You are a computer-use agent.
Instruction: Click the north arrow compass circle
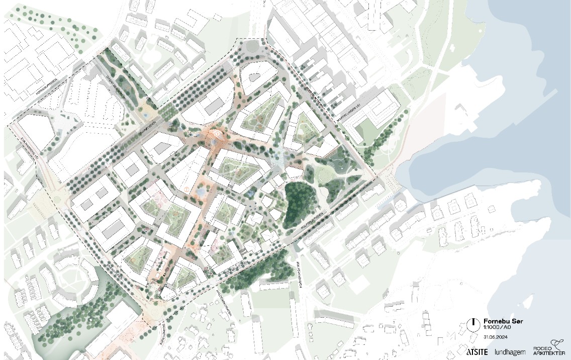(x=472, y=325)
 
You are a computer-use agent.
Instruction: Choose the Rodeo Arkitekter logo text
(x=545, y=351)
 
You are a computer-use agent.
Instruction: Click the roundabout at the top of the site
(x=249, y=48)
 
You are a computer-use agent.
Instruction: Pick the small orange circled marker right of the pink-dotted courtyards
(x=186, y=189)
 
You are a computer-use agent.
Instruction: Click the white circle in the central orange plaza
(x=218, y=135)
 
